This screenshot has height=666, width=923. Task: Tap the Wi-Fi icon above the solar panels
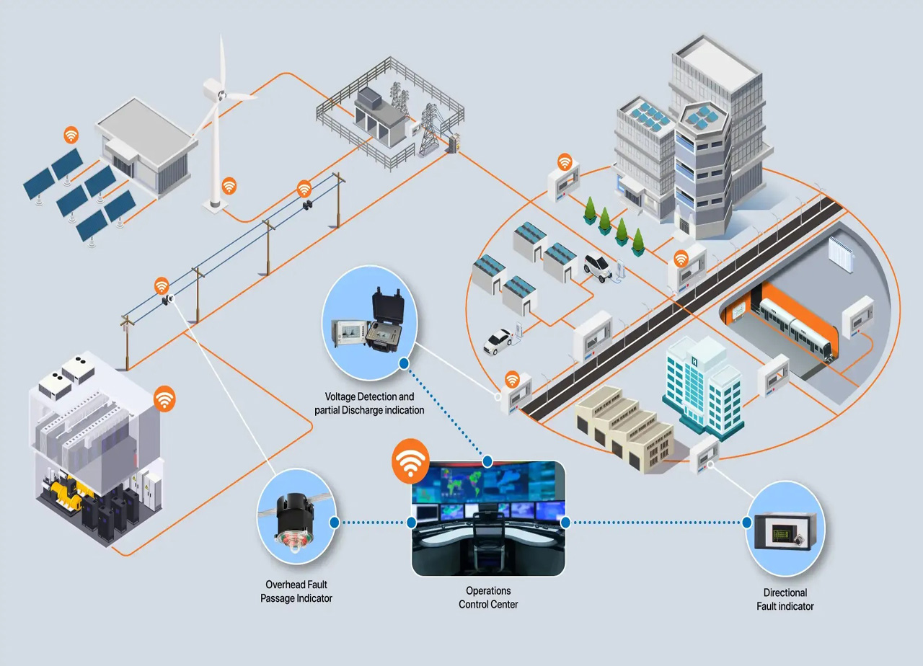click(x=71, y=134)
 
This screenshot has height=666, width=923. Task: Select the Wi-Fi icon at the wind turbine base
click(x=229, y=186)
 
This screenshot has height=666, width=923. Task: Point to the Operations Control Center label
click(x=488, y=598)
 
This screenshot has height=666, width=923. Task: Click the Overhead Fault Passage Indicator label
click(x=296, y=592)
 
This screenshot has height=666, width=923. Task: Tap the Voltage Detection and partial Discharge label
click(x=369, y=404)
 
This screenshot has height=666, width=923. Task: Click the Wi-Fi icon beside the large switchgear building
click(x=164, y=398)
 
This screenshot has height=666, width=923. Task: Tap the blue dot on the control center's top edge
click(x=487, y=461)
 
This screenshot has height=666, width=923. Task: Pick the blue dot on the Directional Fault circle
click(x=747, y=523)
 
